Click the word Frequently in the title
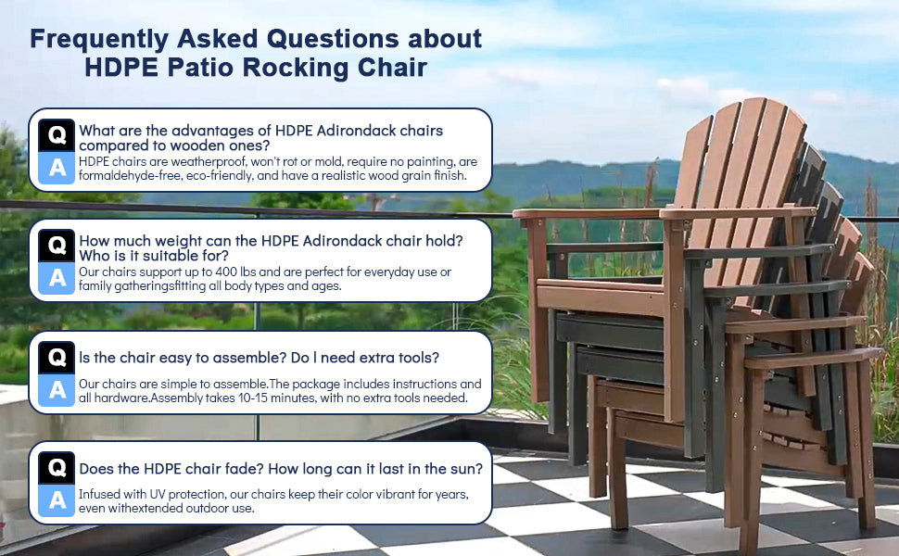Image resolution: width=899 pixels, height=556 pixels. click(99, 40)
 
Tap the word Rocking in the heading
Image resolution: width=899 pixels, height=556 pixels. click(297, 68)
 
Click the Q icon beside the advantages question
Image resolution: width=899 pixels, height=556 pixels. click(57, 135)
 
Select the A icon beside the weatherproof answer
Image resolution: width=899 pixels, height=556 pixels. click(57, 168)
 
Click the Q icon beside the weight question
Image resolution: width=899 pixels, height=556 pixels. click(57, 246)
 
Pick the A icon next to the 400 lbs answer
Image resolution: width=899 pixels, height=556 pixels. click(57, 278)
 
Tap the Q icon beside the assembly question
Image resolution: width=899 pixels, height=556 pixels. click(57, 357)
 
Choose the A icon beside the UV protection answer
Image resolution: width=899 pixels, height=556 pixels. click(57, 500)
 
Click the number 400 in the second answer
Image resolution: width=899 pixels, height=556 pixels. click(226, 272)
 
